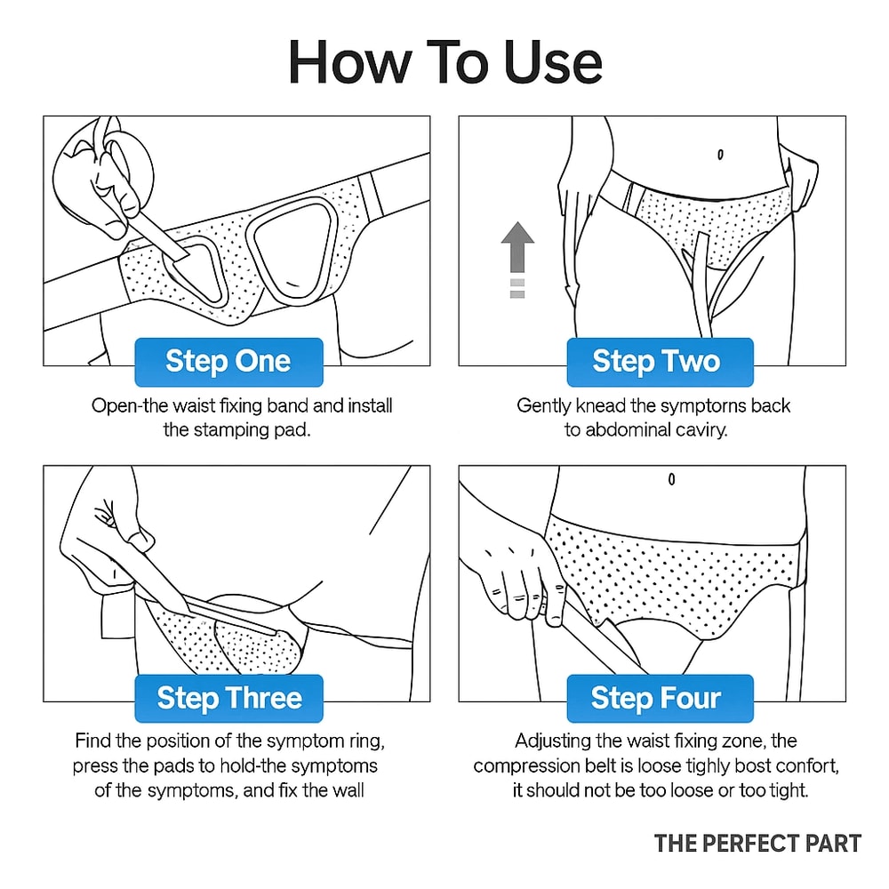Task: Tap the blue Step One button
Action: pos(228,362)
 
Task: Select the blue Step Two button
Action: pos(656,362)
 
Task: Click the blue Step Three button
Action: pos(228,698)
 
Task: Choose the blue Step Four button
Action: pos(656,698)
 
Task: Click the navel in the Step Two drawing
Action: pos(719,154)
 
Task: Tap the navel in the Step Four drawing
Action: pos(671,479)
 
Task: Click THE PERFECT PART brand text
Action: pos(757,843)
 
